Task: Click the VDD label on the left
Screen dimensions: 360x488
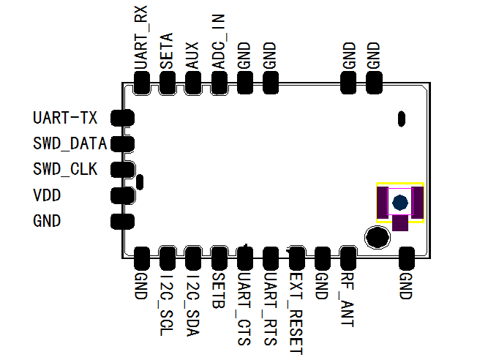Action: [x=47, y=195]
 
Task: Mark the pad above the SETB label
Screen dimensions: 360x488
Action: [x=219, y=258]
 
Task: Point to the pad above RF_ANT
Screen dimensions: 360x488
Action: [x=348, y=258]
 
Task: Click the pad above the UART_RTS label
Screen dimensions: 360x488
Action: [x=270, y=258]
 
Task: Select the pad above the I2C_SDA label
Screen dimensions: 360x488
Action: [x=192, y=258]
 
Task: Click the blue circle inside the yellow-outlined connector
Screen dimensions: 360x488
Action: [x=399, y=203]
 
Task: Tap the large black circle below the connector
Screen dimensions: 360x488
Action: [x=378, y=236]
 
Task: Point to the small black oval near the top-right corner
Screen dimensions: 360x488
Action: [x=401, y=118]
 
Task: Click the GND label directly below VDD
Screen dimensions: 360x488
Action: [x=47, y=221]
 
